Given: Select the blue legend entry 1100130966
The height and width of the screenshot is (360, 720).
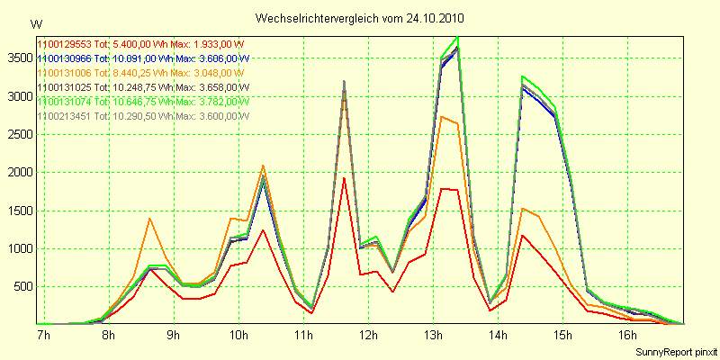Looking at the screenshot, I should pyautogui.click(x=142, y=58).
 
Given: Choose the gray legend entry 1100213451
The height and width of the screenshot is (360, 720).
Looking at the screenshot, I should pyautogui.click(x=141, y=115).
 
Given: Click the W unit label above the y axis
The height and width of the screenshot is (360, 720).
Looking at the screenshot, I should pyautogui.click(x=35, y=23).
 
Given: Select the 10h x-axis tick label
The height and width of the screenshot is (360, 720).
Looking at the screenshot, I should pyautogui.click(x=238, y=335).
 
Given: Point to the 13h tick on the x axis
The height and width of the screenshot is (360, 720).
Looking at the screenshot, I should pyautogui.click(x=434, y=335).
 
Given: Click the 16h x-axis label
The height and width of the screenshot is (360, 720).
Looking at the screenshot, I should pyautogui.click(x=628, y=335).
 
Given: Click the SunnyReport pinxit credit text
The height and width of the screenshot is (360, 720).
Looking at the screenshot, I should pyautogui.click(x=674, y=350).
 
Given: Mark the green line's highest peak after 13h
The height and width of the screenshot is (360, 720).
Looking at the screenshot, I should pyautogui.click(x=458, y=37).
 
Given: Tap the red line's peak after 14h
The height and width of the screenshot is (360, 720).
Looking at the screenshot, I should pyautogui.click(x=523, y=235).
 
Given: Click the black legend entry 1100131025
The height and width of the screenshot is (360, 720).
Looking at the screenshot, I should pyautogui.click(x=142, y=86).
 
